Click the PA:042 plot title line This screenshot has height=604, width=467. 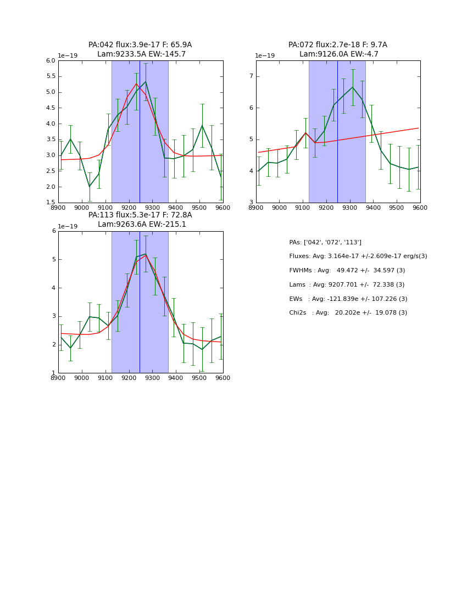(x=140, y=45)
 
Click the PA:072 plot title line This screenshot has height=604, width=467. (x=337, y=45)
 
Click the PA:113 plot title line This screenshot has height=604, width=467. (x=140, y=215)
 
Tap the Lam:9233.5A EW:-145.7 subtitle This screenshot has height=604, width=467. (x=141, y=54)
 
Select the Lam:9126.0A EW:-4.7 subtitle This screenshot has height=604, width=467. (x=338, y=54)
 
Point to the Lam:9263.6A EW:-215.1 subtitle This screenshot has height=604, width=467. (x=142, y=225)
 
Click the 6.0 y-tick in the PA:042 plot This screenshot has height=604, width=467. (x=51, y=60)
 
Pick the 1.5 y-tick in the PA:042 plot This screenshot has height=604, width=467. (x=51, y=203)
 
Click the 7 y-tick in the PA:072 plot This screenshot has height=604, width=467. (x=251, y=76)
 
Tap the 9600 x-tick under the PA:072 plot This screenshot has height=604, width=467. (x=420, y=208)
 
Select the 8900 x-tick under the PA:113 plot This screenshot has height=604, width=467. (x=58, y=378)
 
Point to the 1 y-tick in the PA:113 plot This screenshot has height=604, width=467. (x=53, y=373)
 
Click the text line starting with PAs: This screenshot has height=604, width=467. (x=325, y=243)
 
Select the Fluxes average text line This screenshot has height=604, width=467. (x=358, y=256)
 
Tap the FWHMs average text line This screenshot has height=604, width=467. (x=347, y=271)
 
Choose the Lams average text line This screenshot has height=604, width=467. (x=347, y=285)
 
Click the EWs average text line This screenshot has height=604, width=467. (x=348, y=299)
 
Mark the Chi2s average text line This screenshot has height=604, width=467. (x=348, y=313)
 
